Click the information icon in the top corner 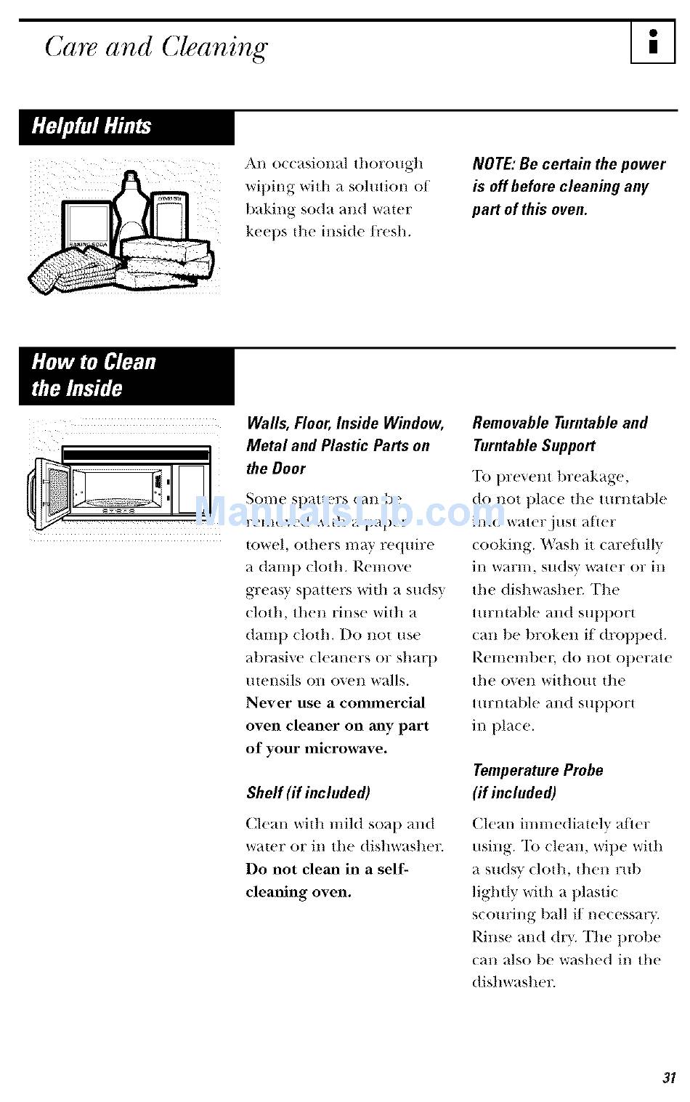click(652, 43)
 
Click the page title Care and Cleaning click(156, 47)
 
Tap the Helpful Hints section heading click(92, 126)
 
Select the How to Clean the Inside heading click(94, 375)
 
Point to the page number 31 click(669, 1077)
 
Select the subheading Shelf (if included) click(308, 793)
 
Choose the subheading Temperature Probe click(537, 770)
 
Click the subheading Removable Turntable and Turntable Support click(559, 434)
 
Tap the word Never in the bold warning click(267, 703)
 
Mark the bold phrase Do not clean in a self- click(327, 869)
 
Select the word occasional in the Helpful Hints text click(310, 163)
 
